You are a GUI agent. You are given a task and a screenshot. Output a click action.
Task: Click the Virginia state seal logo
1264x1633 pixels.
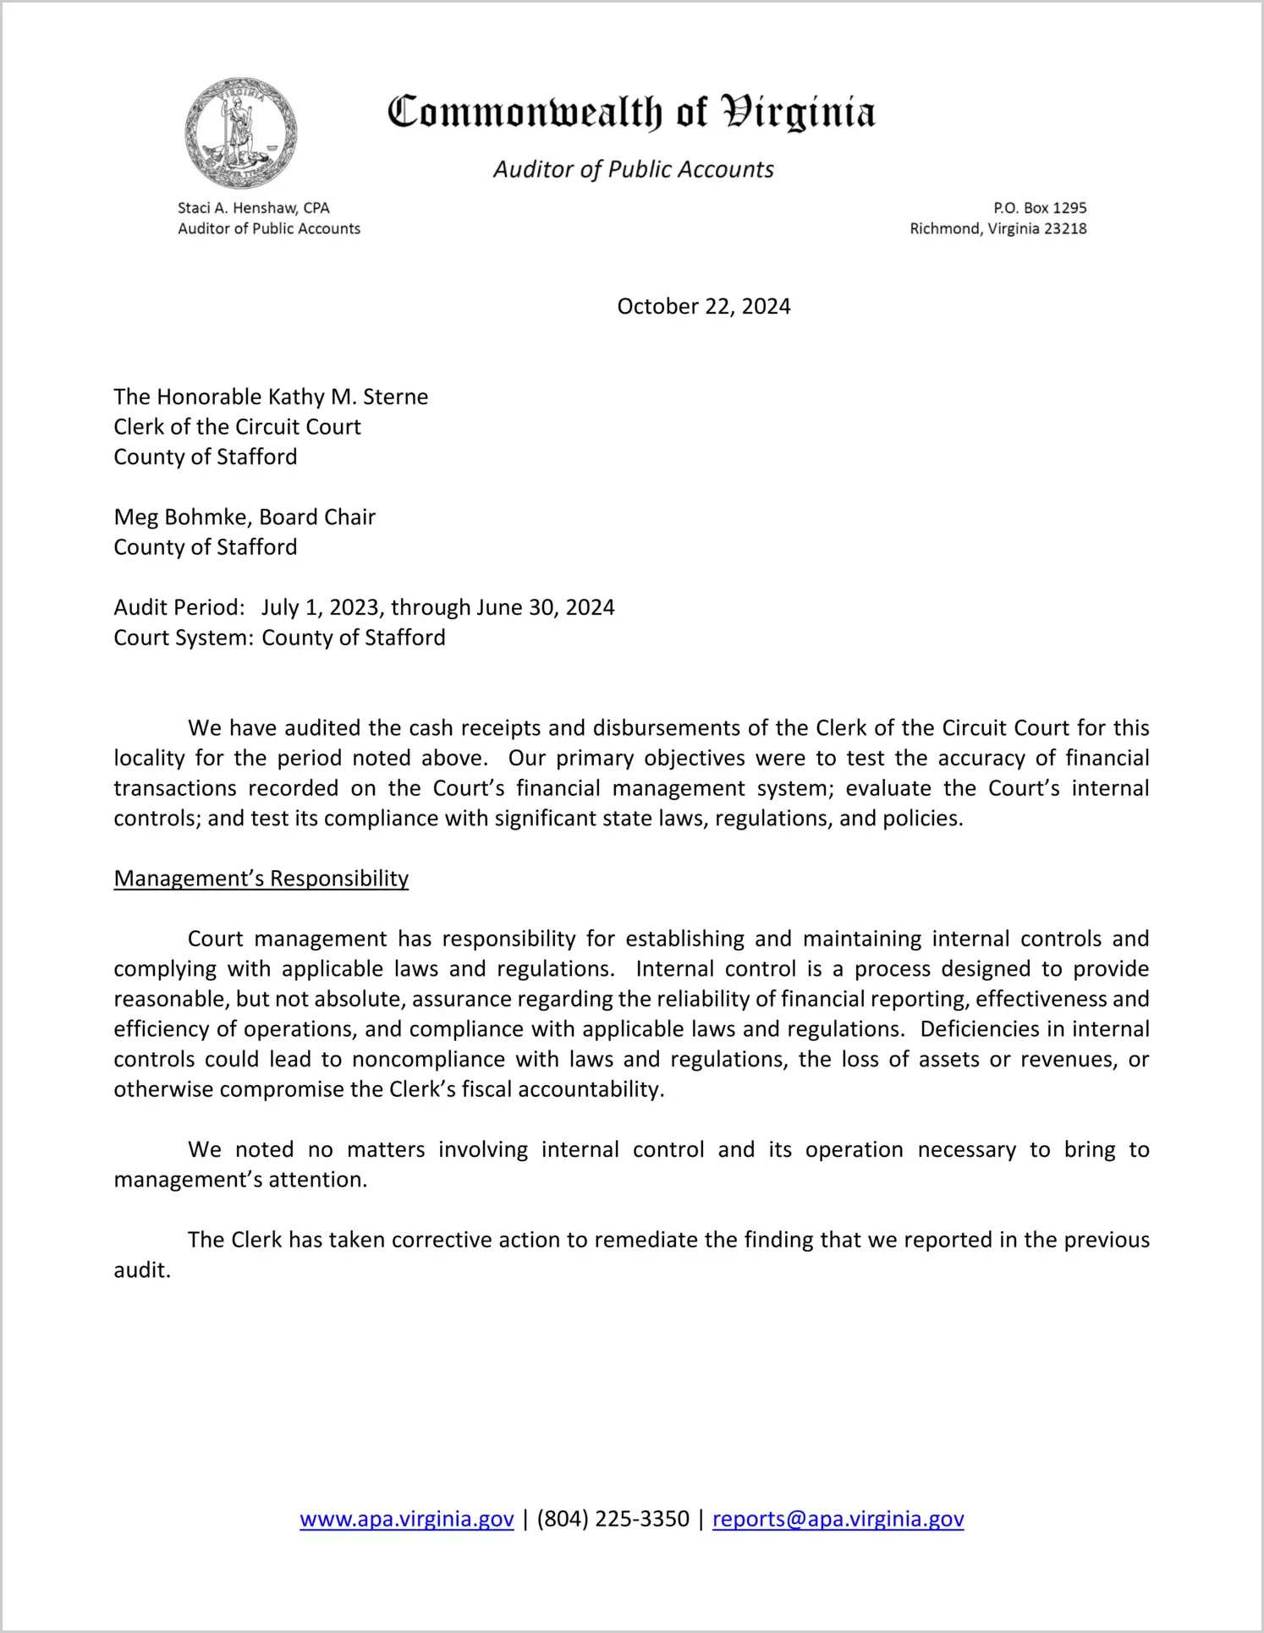241,134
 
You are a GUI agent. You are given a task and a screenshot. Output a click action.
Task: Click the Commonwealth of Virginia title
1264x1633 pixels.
631,112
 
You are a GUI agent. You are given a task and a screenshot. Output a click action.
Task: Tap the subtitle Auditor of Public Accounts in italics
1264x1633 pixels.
633,170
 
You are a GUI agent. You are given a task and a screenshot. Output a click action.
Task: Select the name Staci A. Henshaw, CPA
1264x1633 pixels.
253,208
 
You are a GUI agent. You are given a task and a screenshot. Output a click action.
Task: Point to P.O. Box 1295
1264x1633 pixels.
1040,208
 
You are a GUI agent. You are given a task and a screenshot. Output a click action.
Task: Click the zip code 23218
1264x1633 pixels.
1065,228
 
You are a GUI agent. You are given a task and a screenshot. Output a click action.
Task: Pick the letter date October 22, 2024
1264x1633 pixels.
703,306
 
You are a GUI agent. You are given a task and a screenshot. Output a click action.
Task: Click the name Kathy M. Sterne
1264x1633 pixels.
349,397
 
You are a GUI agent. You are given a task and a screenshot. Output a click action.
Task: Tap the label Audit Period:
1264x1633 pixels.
179,607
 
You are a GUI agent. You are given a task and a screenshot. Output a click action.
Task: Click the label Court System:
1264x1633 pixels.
184,638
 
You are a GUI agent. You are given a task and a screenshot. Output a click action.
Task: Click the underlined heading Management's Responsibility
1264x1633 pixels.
261,879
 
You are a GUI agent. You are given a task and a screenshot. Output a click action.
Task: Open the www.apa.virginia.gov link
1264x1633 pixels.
406,1519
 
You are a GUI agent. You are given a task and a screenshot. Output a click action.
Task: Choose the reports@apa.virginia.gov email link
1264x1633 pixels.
838,1519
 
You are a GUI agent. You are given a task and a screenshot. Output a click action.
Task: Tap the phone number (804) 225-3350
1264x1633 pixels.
613,1519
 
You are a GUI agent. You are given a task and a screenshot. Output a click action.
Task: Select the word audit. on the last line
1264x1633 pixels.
142,1270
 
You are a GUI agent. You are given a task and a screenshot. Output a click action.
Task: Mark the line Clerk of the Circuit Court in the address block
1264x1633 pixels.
237,427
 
